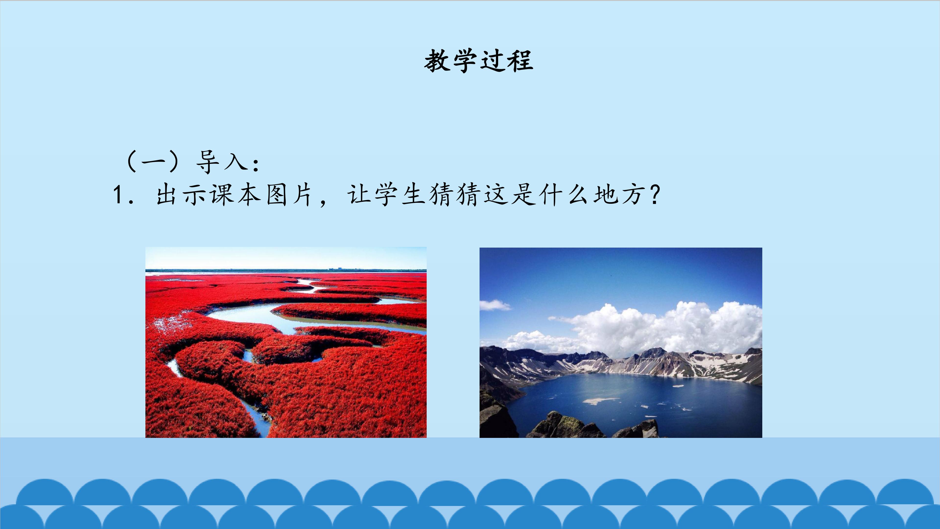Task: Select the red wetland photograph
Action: [286, 342]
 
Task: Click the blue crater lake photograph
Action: [621, 342]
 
